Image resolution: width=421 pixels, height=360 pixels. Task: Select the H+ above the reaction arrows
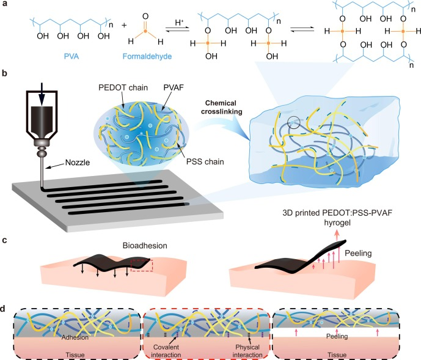[x=174, y=23]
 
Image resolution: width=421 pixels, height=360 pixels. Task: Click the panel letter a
[x=5, y=5]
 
